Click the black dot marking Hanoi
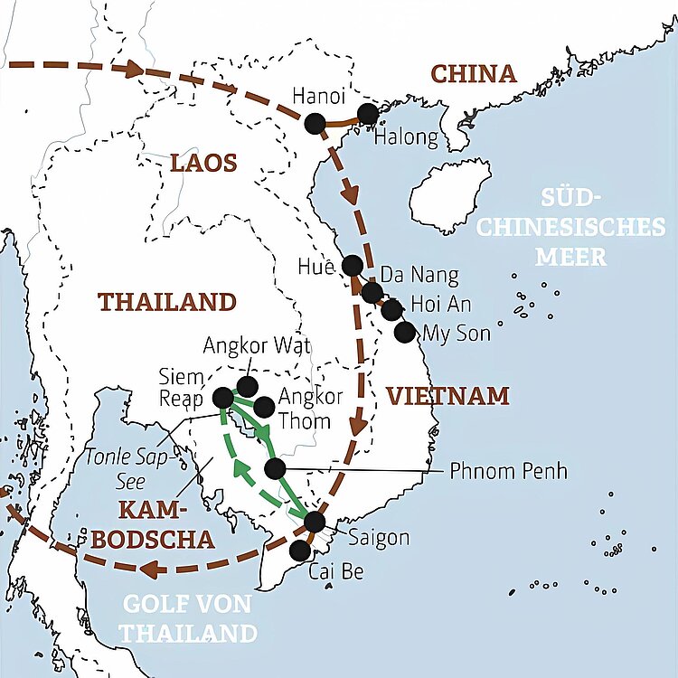click(x=315, y=124)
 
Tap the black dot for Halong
click(x=367, y=114)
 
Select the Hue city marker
click(x=353, y=265)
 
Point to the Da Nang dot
click(x=372, y=292)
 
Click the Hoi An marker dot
click(x=391, y=310)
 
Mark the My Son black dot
click(x=405, y=332)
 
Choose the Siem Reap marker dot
click(x=223, y=397)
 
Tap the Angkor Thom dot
click(x=263, y=407)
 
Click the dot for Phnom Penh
click(x=276, y=468)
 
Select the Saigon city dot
click(x=315, y=522)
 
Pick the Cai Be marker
click(x=300, y=551)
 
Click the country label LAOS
click(x=203, y=163)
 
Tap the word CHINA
click(x=473, y=74)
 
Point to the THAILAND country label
click(x=166, y=301)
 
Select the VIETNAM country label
click(x=447, y=395)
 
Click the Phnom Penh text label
click(x=508, y=471)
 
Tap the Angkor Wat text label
click(x=257, y=344)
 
